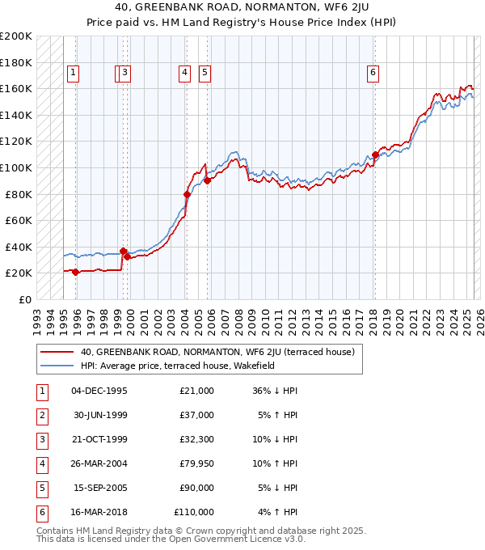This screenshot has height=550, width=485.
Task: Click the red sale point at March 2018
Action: click(375, 154)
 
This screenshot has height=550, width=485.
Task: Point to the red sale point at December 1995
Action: click(76, 272)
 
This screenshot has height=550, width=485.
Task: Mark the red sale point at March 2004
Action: click(187, 194)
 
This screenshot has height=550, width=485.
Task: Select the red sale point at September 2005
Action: click(207, 181)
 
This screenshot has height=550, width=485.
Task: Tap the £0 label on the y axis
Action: click(24, 299)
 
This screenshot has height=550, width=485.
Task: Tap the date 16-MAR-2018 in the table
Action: click(99, 512)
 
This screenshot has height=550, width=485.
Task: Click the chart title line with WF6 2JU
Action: click(242, 8)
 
